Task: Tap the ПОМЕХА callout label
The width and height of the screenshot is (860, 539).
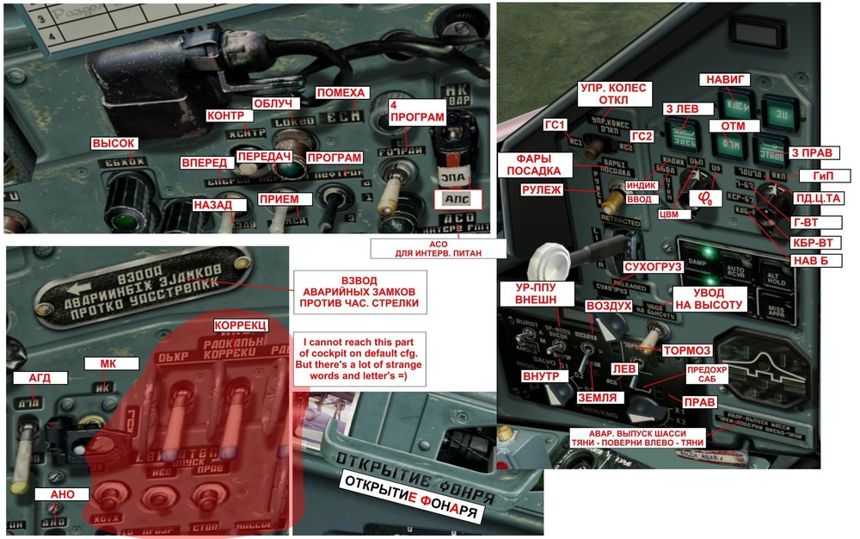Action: (x=341, y=93)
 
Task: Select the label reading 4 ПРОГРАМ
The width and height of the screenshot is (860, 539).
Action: (x=416, y=111)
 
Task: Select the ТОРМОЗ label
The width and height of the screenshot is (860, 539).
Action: (x=687, y=350)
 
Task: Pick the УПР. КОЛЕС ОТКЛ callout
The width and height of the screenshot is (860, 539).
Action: (x=615, y=93)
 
